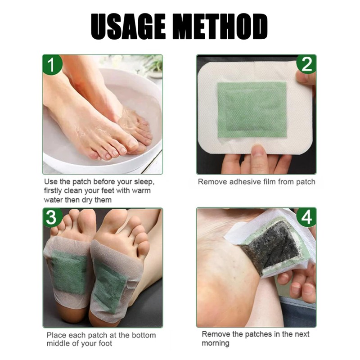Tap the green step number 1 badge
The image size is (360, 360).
[51, 65]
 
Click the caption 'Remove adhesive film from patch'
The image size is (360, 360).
[256, 182]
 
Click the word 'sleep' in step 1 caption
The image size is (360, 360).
[143, 182]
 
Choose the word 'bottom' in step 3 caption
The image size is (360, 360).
[141, 335]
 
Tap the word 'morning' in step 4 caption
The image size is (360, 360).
[216, 343]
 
